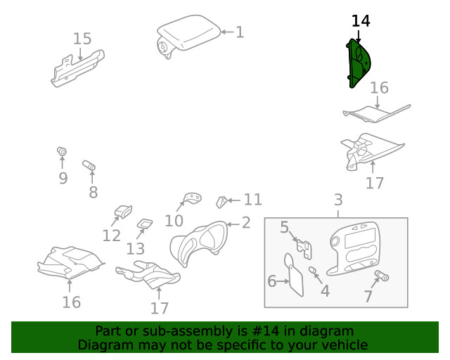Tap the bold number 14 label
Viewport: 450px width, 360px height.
(360, 21)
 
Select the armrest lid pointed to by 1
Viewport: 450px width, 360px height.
(186, 35)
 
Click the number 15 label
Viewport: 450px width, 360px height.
(82, 39)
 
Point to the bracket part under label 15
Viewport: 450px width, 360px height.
(77, 68)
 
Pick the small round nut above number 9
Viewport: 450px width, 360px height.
(61, 151)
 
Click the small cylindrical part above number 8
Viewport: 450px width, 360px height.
(90, 165)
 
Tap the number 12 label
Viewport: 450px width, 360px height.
(111, 235)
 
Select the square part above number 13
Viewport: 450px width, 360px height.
(144, 224)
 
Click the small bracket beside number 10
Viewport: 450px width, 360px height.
(191, 198)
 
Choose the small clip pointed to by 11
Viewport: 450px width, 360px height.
(220, 202)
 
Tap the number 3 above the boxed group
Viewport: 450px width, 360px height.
(337, 200)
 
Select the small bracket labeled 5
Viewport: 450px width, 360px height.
(304, 247)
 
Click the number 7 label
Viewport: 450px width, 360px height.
(368, 297)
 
